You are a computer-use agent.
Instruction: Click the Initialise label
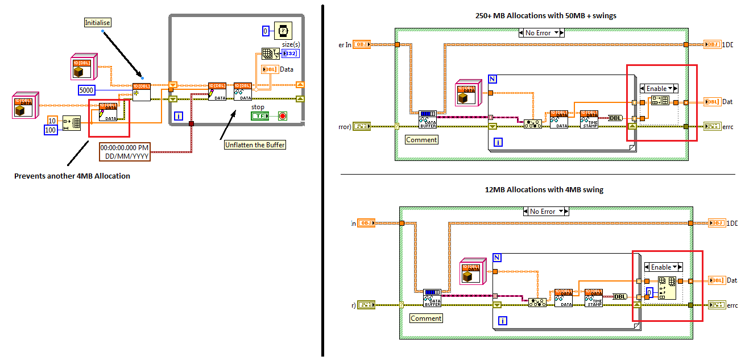click(98, 23)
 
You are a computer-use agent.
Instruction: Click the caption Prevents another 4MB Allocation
click(72, 176)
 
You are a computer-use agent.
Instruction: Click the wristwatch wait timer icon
click(283, 30)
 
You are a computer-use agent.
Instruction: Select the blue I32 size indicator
click(290, 53)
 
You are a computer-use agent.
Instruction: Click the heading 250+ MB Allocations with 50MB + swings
click(546, 16)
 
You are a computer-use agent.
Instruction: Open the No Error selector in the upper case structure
click(541, 33)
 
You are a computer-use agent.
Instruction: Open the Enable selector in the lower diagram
click(663, 267)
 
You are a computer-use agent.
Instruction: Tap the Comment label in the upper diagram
click(421, 140)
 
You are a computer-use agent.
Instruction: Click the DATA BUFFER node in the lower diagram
click(432, 297)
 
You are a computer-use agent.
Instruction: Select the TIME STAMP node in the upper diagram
click(589, 119)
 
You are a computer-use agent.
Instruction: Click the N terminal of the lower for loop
click(498, 258)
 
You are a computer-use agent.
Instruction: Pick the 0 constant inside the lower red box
click(648, 292)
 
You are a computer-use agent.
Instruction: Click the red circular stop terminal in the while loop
click(282, 116)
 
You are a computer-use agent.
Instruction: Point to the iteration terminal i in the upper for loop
click(498, 142)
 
